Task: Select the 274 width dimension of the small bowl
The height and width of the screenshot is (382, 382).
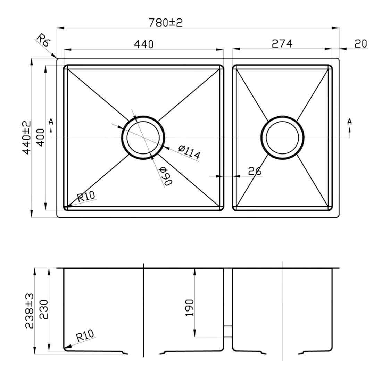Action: click(282, 43)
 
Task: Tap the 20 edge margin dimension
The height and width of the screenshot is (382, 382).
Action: click(360, 43)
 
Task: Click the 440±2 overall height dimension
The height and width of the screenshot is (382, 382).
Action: click(26, 138)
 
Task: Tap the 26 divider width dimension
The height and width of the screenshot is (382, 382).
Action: click(255, 171)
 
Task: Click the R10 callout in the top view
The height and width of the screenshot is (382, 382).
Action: click(86, 197)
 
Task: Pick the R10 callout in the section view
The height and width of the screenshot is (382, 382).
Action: click(85, 336)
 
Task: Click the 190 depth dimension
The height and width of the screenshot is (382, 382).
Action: click(189, 307)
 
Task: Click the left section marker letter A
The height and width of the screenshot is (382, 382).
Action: click(51, 122)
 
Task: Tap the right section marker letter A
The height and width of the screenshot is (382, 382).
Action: click(349, 122)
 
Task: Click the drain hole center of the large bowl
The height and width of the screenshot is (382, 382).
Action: click(143, 138)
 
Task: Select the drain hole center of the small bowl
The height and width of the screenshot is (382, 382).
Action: click(282, 138)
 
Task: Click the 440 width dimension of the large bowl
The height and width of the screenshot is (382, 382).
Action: click(143, 44)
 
